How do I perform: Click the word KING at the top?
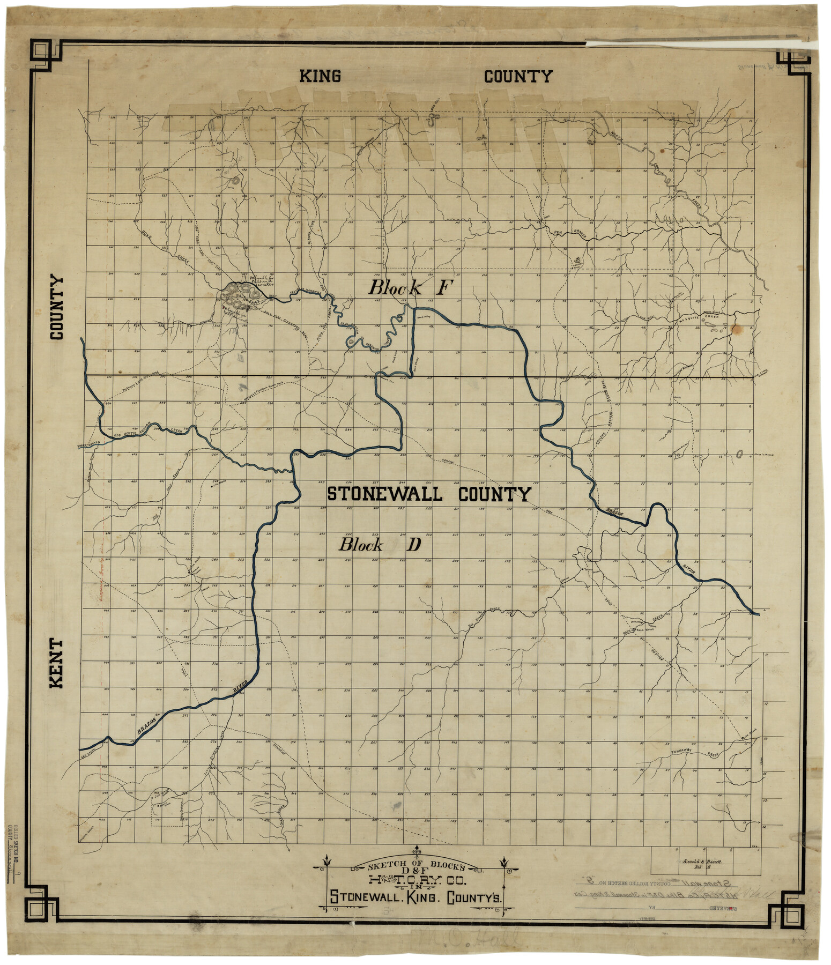pyautogui.click(x=320, y=76)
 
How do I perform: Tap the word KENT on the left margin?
pyautogui.click(x=56, y=663)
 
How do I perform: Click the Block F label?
pyautogui.click(x=410, y=288)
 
